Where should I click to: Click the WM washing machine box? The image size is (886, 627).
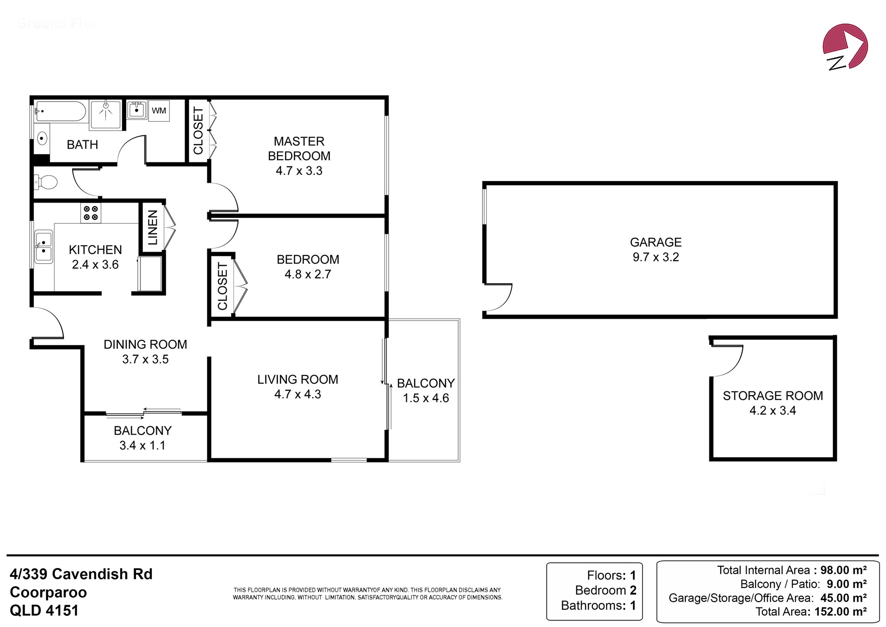159,110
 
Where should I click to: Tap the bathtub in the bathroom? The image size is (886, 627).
60,111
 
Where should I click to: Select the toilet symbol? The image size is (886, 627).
46,182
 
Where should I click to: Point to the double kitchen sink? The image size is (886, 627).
43,247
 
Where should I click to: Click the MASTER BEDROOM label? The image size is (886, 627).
299,149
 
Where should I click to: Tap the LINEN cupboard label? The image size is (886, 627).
152,227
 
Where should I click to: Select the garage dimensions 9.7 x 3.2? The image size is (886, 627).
656,257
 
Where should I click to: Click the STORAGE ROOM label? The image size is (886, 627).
773,396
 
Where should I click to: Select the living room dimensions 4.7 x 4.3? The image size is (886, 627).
298,394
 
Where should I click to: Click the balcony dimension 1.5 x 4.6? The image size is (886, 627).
426,398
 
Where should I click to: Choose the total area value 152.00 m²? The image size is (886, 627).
840,611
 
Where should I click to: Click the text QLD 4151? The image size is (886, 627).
44,611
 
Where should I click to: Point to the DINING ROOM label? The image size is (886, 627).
145,345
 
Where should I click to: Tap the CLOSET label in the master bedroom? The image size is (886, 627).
198,131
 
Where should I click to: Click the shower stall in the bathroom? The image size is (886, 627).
105,115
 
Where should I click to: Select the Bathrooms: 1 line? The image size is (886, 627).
598,605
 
